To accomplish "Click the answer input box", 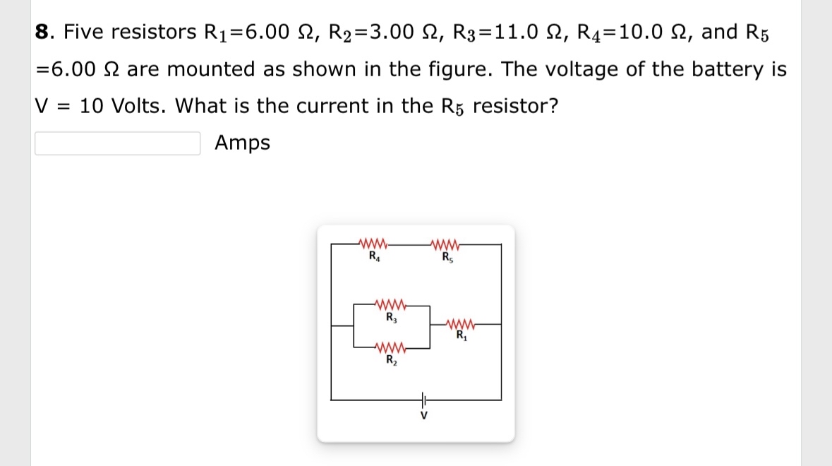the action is point(117,143).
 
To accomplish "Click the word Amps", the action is point(242,143).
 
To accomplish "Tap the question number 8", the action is point(42,32).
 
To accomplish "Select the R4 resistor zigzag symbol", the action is point(373,245).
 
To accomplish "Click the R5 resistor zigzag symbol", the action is point(447,245).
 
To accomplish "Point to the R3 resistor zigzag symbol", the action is point(390,306).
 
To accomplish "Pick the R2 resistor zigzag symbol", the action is point(390,348).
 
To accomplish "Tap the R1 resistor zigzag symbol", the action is point(462,325).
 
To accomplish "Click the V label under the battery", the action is point(423,416).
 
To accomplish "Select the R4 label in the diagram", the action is point(373,256).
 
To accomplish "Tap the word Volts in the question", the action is point(138,106).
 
